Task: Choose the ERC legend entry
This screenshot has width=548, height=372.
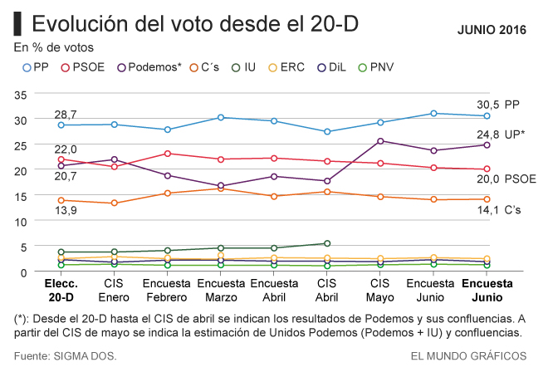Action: (x=288, y=66)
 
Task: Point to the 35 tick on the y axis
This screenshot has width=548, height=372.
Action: (x=21, y=95)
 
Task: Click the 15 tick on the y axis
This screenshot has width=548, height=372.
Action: (x=21, y=196)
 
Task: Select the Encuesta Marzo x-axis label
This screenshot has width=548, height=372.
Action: (x=220, y=290)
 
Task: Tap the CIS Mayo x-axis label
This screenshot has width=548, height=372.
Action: (x=380, y=290)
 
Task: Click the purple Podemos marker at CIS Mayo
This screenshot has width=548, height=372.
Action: (x=380, y=141)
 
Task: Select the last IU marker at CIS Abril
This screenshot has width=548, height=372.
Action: (x=327, y=243)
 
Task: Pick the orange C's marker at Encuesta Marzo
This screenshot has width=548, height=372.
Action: (x=220, y=188)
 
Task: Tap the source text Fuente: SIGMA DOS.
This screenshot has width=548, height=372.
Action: (x=66, y=355)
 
